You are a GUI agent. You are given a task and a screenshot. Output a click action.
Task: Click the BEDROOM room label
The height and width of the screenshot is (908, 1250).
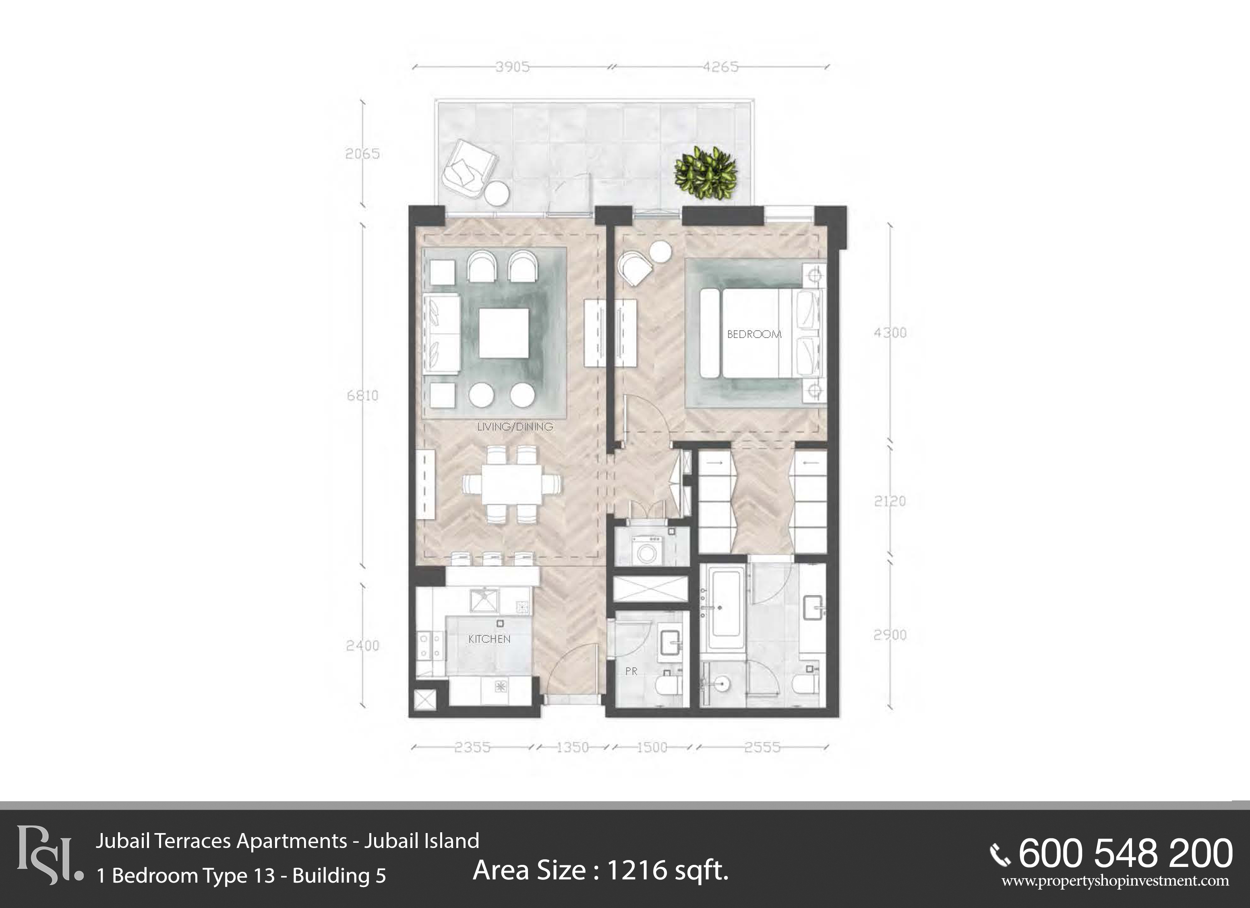tap(754, 334)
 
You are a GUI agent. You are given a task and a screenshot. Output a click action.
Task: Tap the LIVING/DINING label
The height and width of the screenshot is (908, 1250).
tap(515, 427)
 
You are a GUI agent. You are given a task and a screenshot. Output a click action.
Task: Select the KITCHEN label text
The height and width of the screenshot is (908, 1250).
tap(489, 639)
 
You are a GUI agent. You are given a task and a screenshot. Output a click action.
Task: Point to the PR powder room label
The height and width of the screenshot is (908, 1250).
tap(631, 672)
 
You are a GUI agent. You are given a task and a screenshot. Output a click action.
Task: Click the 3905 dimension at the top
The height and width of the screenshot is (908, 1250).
tap(513, 67)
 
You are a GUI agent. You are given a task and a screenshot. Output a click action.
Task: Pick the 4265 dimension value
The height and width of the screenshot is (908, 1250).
tap(721, 67)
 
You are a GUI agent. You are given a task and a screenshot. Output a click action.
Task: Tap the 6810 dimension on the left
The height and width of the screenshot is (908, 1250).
tap(363, 395)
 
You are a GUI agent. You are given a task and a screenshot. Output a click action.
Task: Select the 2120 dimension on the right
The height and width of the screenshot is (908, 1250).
tap(890, 501)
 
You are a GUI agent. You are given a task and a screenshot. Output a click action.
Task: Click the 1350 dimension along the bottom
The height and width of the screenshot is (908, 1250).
tap(573, 748)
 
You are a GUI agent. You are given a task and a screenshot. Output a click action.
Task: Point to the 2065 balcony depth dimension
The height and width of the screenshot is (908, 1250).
tap(363, 154)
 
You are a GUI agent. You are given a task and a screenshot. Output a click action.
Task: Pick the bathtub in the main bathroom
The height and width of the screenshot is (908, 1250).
tap(725, 610)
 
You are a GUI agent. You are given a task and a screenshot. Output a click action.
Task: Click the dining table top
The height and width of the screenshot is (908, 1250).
tap(512, 484)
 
